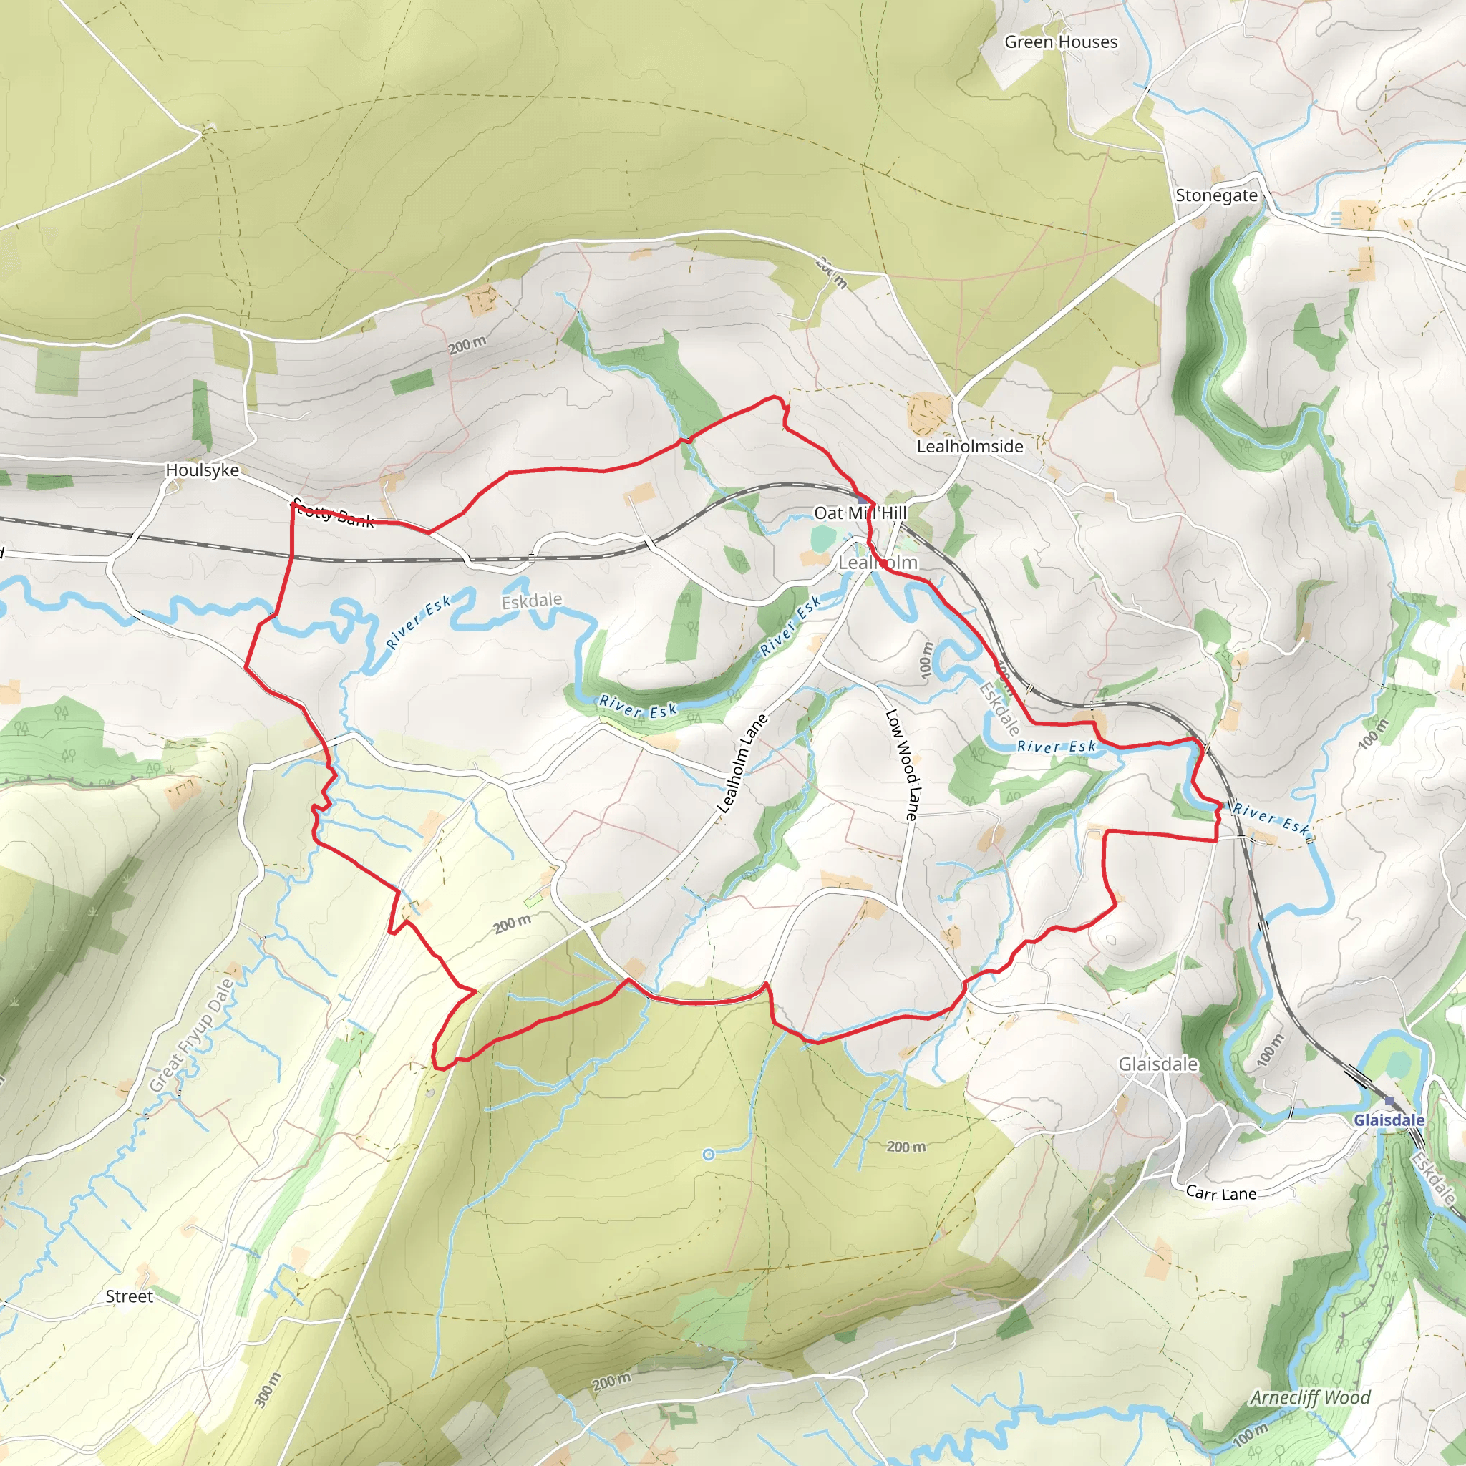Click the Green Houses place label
pyautogui.click(x=1061, y=42)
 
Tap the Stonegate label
pyautogui.click(x=1216, y=195)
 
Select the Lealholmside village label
pyautogui.click(x=970, y=446)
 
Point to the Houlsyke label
pyautogui.click(x=202, y=470)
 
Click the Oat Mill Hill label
pyautogui.click(x=860, y=513)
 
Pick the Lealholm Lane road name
pyautogui.click(x=743, y=763)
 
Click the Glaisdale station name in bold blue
pyautogui.click(x=1389, y=1120)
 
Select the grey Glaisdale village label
pyautogui.click(x=1158, y=1064)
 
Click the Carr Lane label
pyautogui.click(x=1221, y=1193)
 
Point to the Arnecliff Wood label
pyautogui.click(x=1311, y=1397)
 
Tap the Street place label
pyautogui.click(x=129, y=1297)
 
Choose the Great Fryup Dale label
pyautogui.click(x=191, y=1037)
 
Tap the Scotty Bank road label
pyautogui.click(x=334, y=513)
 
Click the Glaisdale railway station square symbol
pyautogui.click(x=1389, y=1101)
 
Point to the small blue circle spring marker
pyautogui.click(x=709, y=1155)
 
